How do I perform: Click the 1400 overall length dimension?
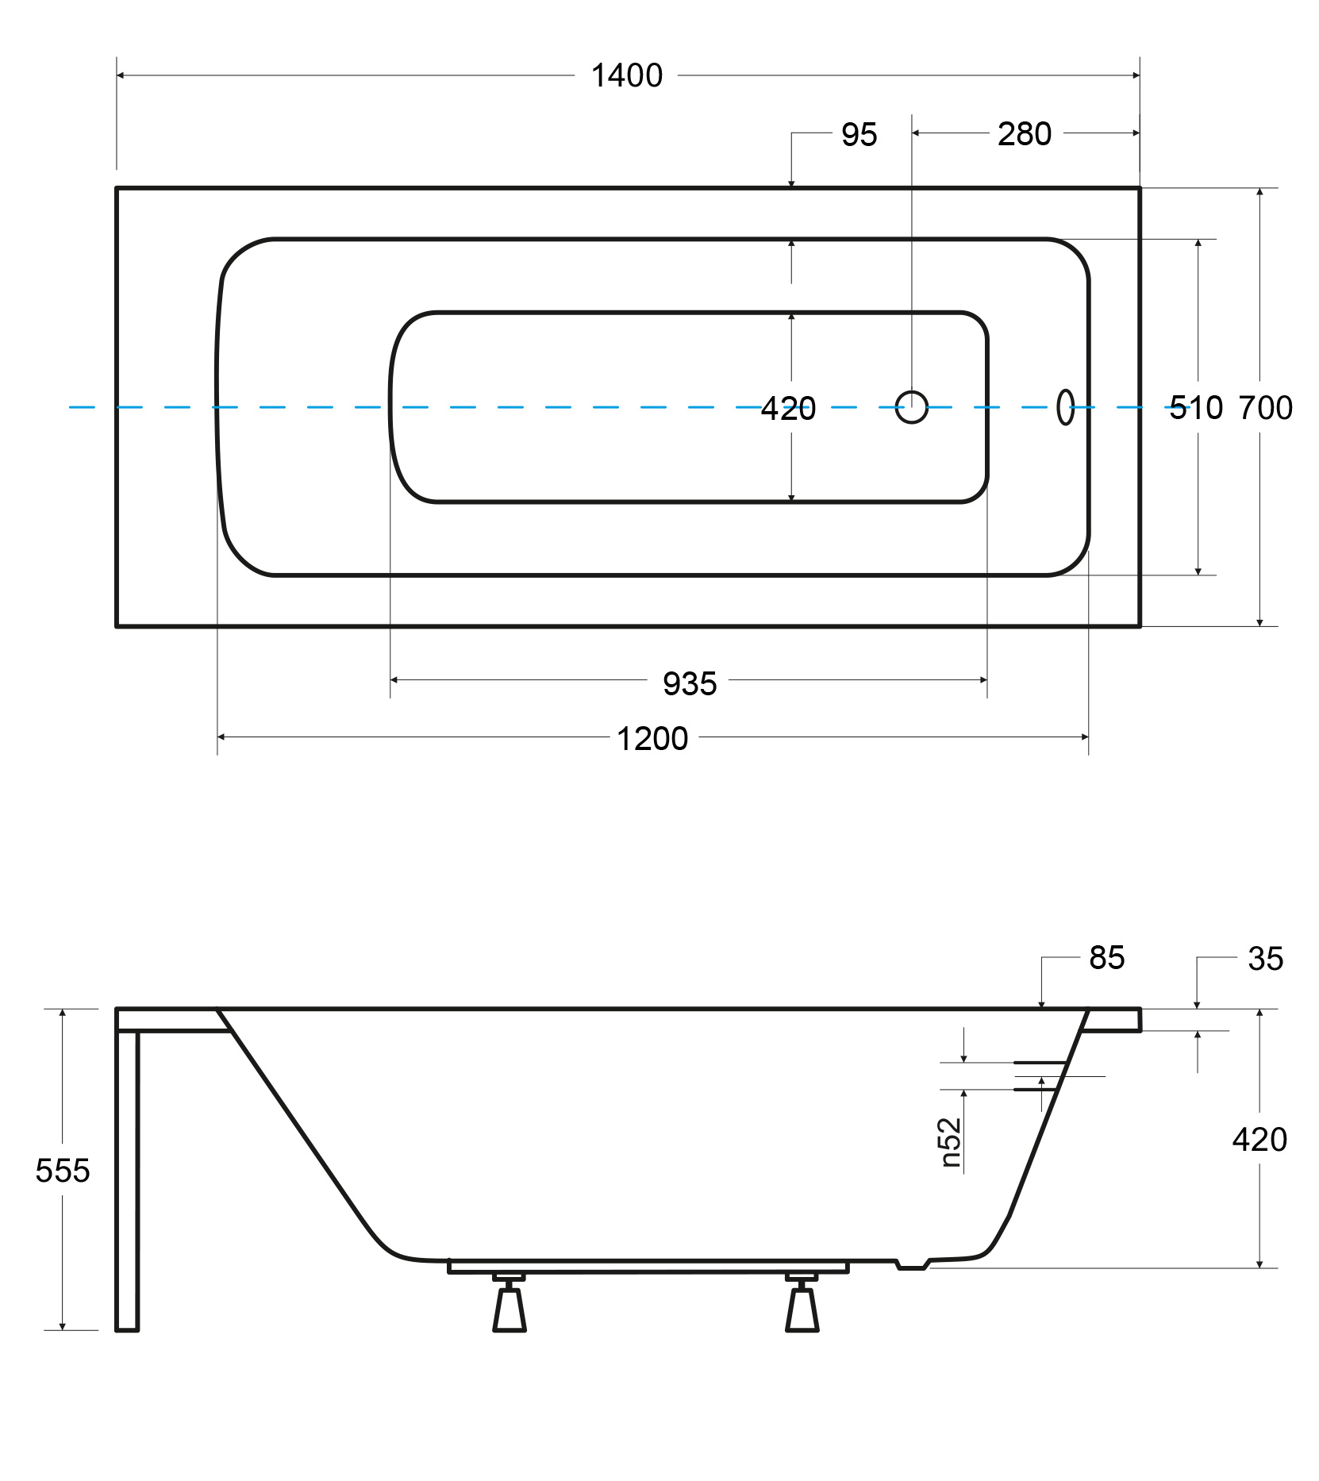[x=627, y=76]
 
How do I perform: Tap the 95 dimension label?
[x=859, y=135]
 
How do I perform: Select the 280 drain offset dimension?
[x=1025, y=134]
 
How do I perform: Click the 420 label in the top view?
[x=788, y=409]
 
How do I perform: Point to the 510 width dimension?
[x=1196, y=408]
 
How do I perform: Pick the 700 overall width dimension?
[x=1266, y=408]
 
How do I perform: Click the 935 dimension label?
[x=690, y=683]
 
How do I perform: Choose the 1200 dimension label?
[x=652, y=739]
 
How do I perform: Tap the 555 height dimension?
[x=63, y=1171]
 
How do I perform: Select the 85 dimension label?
[x=1107, y=958]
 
